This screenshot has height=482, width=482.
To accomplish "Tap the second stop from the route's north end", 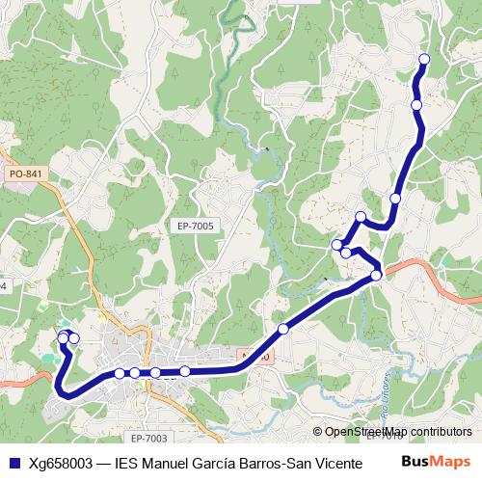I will click(x=416, y=105).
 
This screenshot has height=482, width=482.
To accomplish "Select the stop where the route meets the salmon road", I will click(x=376, y=276).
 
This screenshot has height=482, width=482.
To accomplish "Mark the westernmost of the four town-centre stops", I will click(x=120, y=373).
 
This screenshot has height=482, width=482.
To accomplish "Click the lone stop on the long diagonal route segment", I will click(x=283, y=330).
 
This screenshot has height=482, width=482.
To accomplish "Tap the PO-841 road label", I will click(x=25, y=174).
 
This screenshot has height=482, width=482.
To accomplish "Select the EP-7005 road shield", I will click(x=196, y=226).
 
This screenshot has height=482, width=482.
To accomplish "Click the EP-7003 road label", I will click(x=146, y=439).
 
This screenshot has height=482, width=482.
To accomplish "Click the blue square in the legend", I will click(x=13, y=462).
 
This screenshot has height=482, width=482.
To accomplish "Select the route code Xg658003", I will click(x=61, y=462).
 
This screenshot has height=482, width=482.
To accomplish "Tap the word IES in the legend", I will click(x=126, y=462).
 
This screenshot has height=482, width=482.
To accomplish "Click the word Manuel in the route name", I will click(x=168, y=462).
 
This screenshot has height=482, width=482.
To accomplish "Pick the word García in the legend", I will click(x=223, y=462).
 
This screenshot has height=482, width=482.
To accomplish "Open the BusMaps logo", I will click(x=436, y=461).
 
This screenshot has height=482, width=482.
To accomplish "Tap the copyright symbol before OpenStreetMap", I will click(x=318, y=432).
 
